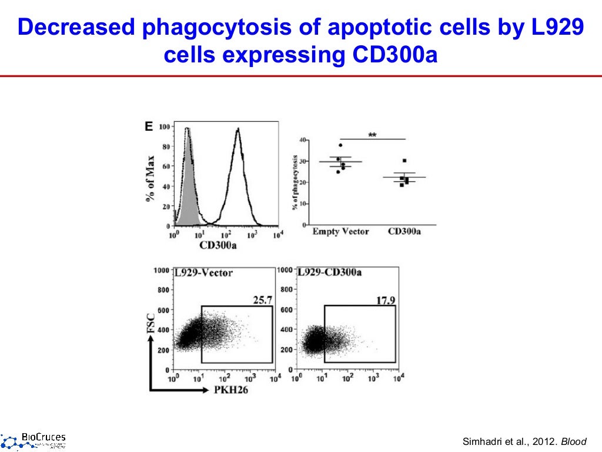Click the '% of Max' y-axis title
point(151,179)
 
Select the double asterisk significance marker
point(372,135)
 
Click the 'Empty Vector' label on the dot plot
point(340,231)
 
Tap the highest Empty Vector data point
point(340,145)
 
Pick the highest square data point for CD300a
point(404,161)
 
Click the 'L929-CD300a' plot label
point(329,273)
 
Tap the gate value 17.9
point(386,300)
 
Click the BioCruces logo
point(34,440)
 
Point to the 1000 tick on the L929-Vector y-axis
point(160,271)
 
